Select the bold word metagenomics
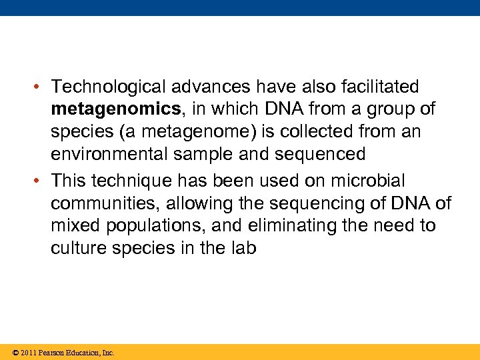point(105,109)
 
